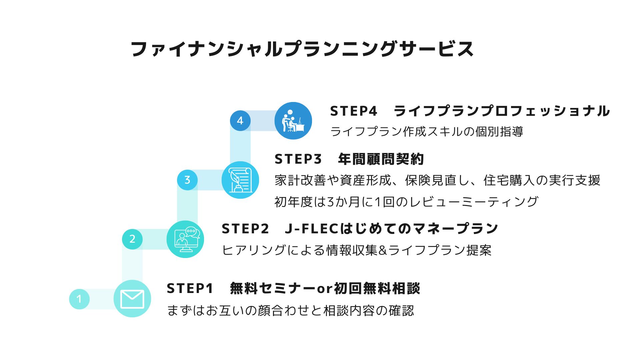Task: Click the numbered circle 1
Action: pos(79,299)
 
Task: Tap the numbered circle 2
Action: pos(132,239)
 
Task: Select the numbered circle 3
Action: pos(187,180)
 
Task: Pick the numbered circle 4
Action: pos(240,121)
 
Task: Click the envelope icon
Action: pos(132,299)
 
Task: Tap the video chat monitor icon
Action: pos(185,239)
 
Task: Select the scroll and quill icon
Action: pos(240,180)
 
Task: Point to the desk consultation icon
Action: pos(293,121)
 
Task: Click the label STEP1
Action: pos(190,288)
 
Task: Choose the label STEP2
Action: pos(245,229)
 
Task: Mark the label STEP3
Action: pos(298,159)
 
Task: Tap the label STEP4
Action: pos(353,111)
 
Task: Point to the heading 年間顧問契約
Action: pos(381,159)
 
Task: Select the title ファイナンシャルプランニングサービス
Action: pos(302,49)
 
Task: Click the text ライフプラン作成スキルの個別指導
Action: pos(426,132)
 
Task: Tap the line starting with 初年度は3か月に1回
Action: pos(406,202)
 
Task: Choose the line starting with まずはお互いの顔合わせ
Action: pos(290,310)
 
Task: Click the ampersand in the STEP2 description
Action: pos(383,250)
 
